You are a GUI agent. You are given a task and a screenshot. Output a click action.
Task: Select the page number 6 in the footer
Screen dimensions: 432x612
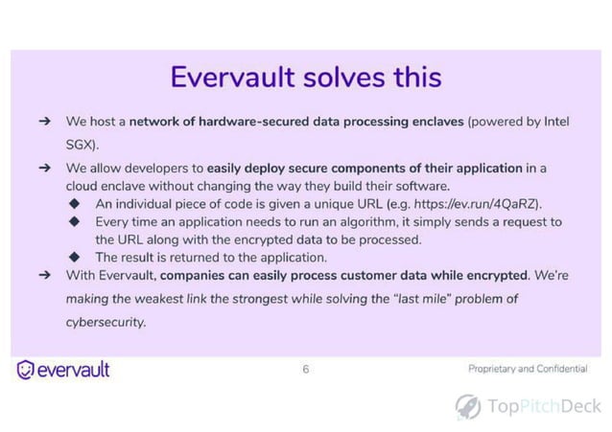pyautogui.click(x=306, y=369)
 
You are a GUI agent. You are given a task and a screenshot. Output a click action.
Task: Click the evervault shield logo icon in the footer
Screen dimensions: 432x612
pyautogui.click(x=26, y=370)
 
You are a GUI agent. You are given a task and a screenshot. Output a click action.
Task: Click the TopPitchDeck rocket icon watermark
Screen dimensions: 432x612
pyautogui.click(x=467, y=406)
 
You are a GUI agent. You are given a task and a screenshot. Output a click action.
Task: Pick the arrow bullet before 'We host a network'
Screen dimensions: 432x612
pyautogui.click(x=44, y=123)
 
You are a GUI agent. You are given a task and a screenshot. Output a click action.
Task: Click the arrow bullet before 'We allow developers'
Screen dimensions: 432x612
pyautogui.click(x=44, y=169)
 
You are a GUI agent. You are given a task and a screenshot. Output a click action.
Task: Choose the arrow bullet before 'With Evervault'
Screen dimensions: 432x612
pyautogui.click(x=44, y=275)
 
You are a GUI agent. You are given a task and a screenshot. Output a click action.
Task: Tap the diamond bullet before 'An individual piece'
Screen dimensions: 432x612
pyautogui.click(x=75, y=204)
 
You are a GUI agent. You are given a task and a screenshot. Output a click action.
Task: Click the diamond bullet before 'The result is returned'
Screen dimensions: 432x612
pyautogui.click(x=75, y=257)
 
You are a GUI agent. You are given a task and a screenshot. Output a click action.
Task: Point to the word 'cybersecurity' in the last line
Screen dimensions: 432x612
pyautogui.click(x=106, y=322)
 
